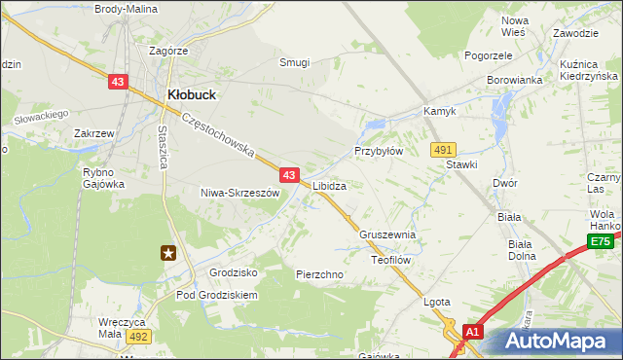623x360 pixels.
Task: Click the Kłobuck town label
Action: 192,94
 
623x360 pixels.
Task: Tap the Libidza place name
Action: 330,185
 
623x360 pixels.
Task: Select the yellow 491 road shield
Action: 444,149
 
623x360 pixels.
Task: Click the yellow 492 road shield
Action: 137,336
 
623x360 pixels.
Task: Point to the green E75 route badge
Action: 601,242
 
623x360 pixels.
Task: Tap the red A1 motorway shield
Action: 473,332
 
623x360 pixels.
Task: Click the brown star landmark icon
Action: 169,253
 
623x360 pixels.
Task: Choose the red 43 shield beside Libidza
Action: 289,175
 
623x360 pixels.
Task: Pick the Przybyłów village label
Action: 379,152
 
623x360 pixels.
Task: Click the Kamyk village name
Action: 440,112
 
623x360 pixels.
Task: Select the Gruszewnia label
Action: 387,235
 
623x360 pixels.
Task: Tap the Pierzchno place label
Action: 319,274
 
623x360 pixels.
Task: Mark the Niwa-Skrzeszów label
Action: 239,193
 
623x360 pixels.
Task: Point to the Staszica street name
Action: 163,146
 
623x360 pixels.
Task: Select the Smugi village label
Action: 294,62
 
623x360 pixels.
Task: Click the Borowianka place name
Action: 513,80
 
